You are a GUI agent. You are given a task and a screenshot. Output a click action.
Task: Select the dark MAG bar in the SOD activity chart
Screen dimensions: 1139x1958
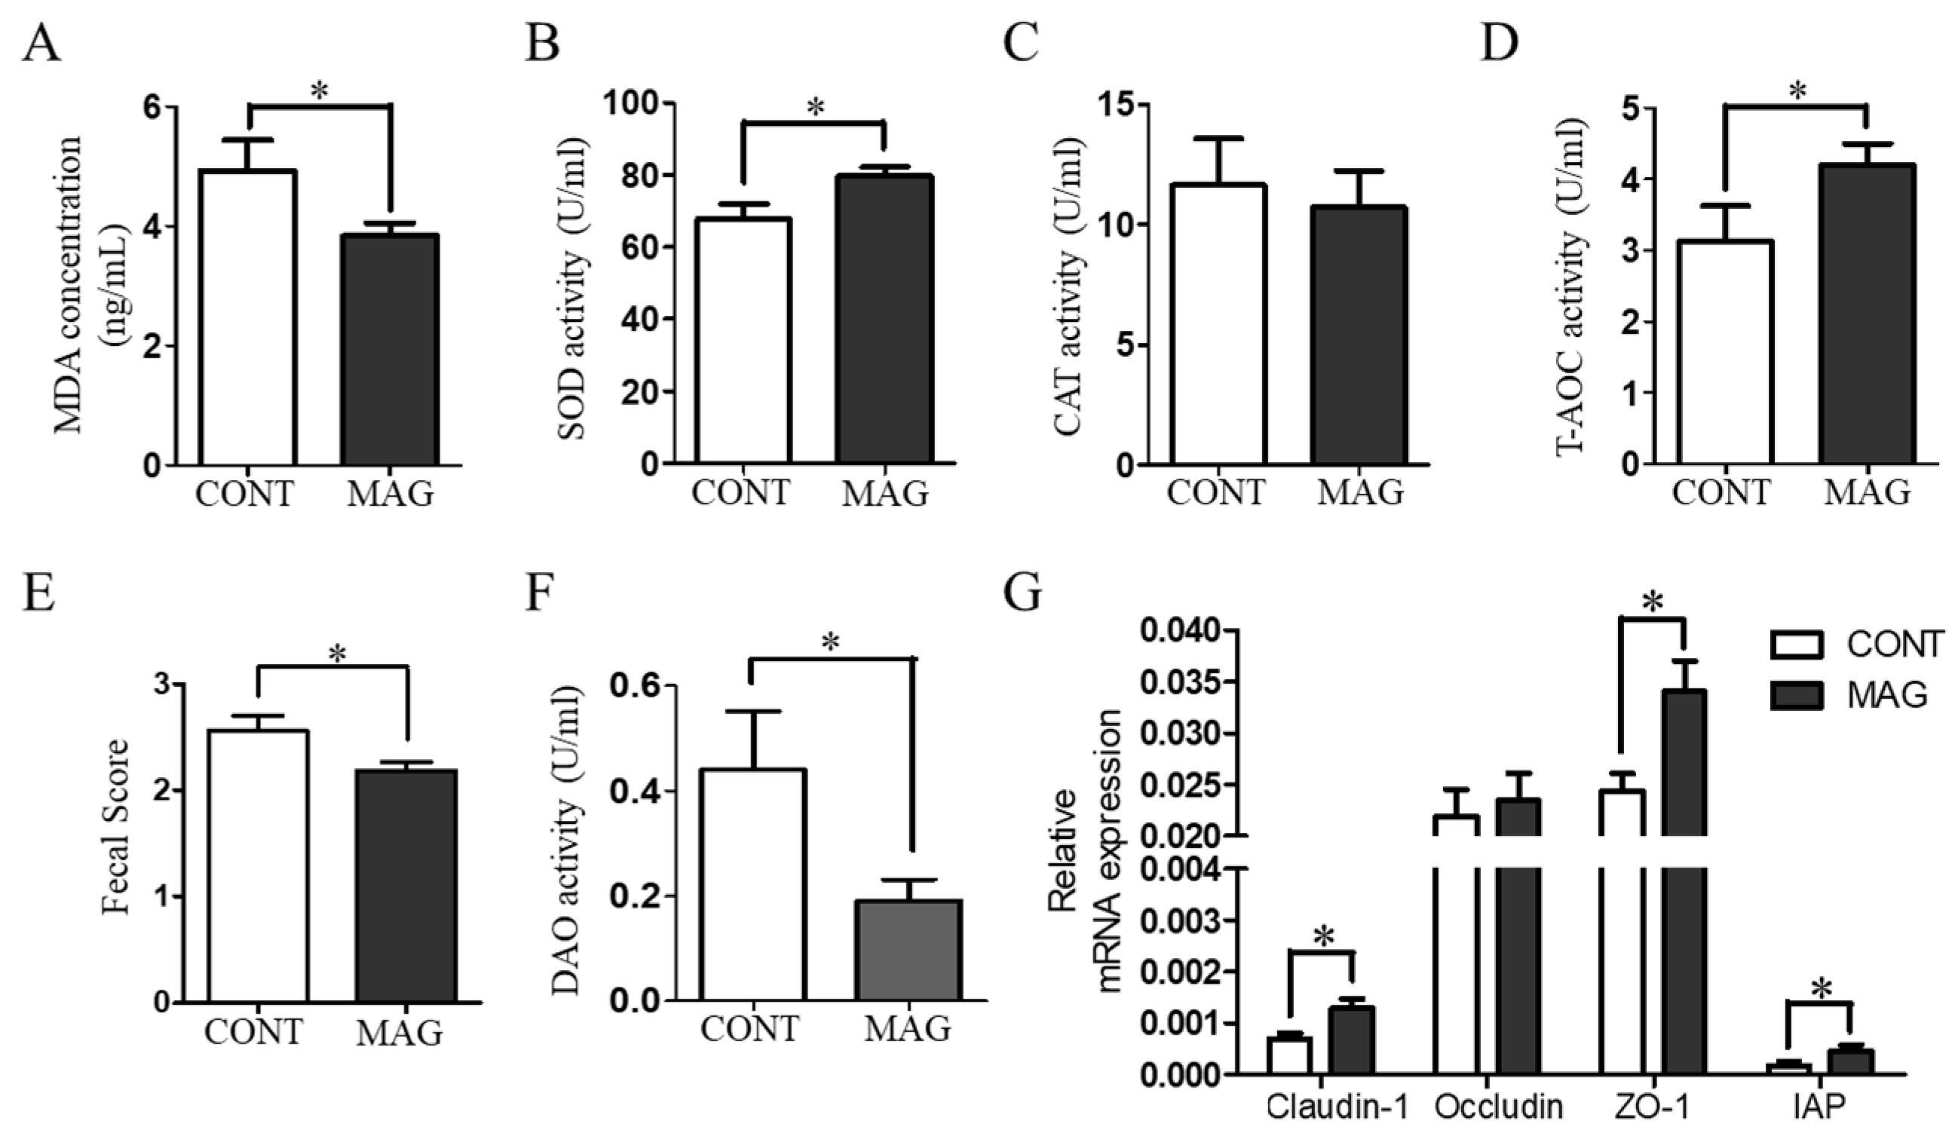(x=885, y=319)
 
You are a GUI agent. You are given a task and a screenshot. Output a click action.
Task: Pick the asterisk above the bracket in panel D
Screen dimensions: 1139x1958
(x=1797, y=92)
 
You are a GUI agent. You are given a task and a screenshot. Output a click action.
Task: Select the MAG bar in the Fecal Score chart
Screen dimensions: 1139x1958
(x=406, y=885)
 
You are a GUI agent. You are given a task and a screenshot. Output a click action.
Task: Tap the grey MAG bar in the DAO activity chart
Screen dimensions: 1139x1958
(x=909, y=951)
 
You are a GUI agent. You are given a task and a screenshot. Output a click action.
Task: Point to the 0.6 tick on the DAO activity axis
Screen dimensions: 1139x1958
(x=636, y=687)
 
